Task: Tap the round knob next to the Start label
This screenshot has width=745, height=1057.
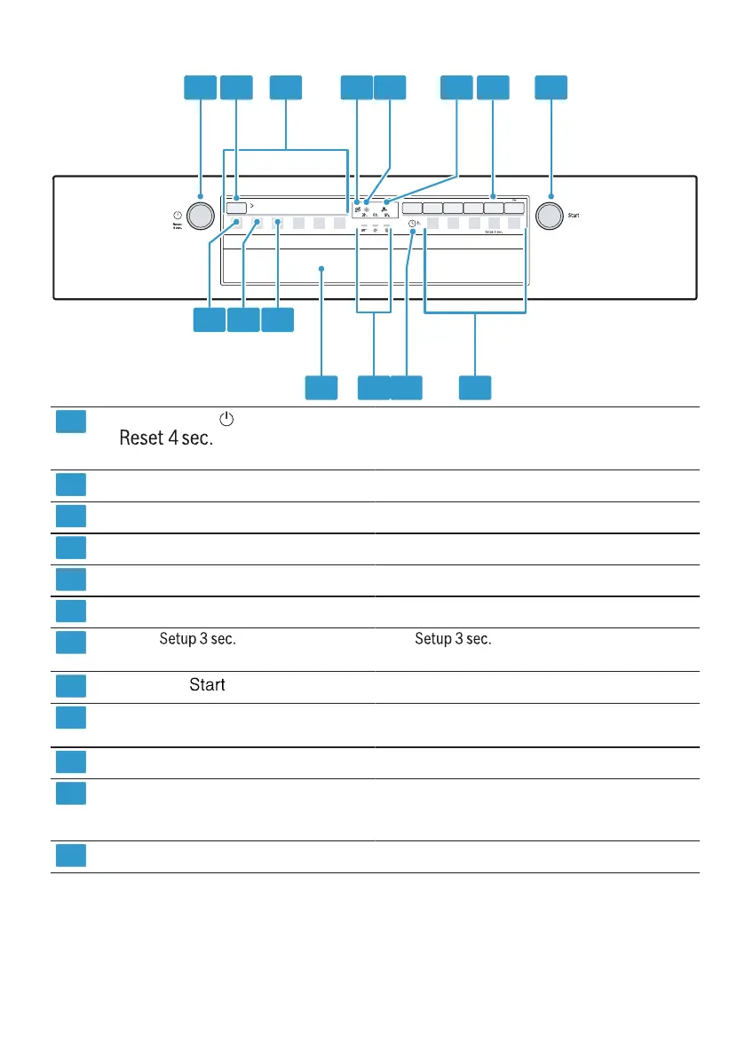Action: coord(550,216)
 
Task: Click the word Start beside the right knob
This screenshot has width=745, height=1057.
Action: coord(575,216)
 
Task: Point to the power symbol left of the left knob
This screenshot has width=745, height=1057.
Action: coord(178,216)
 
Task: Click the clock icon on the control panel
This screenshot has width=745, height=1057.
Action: coord(413,225)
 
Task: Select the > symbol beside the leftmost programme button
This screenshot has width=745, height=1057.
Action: coord(253,207)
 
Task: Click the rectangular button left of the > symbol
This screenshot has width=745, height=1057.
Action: coord(235,208)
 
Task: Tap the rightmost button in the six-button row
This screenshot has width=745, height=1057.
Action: coord(514,209)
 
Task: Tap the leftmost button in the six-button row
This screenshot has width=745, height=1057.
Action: coord(411,209)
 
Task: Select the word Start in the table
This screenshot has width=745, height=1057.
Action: coord(207,685)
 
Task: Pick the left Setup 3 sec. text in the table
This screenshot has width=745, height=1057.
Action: coord(197,639)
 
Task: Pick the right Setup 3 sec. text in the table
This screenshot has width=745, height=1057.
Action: coord(453,639)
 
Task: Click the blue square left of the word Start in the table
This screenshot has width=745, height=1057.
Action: coord(71,686)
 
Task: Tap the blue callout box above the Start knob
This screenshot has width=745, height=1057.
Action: coord(551,87)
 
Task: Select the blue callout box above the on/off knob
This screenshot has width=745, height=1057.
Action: coord(200,87)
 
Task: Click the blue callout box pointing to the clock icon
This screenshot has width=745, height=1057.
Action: coord(406,387)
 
